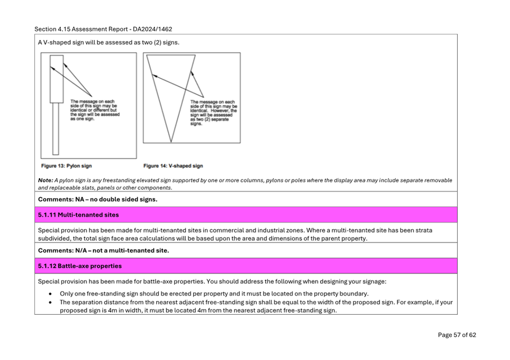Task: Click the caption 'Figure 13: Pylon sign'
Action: pos(67,166)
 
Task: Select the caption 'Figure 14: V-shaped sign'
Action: pos(173,166)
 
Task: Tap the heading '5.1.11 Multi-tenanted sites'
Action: pos(79,215)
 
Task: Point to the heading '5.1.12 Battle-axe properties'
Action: pos(80,266)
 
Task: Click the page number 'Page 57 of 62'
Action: pos(457,335)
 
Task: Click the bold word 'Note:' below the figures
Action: pos(45,181)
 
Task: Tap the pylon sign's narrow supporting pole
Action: pos(56,128)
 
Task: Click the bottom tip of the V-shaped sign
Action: pos(171,142)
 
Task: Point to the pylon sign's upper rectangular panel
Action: pos(57,79)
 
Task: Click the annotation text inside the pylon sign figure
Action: pos(95,110)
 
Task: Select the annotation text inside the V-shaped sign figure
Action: pos(213,113)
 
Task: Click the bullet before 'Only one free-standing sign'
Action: pos(50,294)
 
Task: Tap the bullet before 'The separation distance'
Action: pos(50,302)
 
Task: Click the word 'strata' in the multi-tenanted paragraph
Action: pos(423,230)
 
